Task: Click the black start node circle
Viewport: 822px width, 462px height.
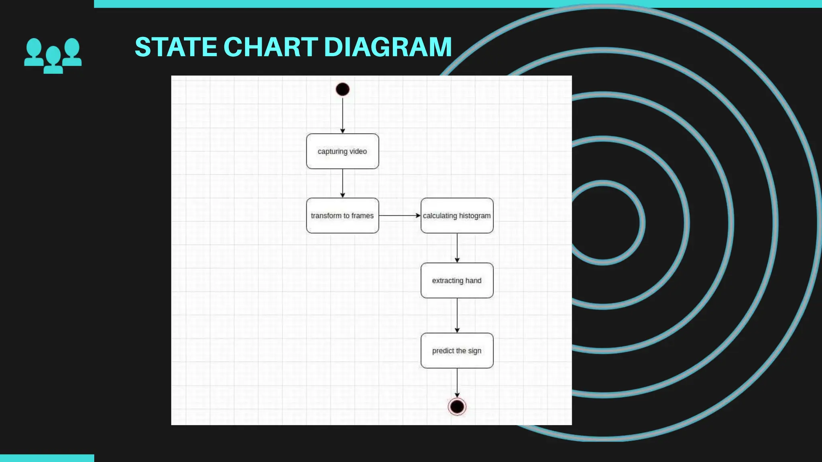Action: [x=342, y=89]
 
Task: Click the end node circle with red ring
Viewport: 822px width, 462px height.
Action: [x=457, y=407]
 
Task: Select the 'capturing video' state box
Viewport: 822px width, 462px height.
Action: [x=342, y=151]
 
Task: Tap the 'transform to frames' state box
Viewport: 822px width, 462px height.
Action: [x=342, y=215]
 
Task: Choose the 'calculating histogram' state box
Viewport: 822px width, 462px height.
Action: [x=457, y=215]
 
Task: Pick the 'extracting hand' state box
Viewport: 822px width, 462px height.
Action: [x=457, y=280]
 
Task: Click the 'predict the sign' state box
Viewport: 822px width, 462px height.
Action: [x=457, y=351]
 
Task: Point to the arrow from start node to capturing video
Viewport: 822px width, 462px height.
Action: [x=342, y=114]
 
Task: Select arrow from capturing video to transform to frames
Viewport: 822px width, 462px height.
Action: [x=342, y=183]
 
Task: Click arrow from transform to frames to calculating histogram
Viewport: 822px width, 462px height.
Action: [x=399, y=215]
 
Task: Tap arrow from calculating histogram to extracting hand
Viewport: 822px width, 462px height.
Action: [x=457, y=247]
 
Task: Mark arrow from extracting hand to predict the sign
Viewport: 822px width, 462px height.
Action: [x=457, y=315]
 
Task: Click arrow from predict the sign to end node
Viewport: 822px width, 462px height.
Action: [x=457, y=383]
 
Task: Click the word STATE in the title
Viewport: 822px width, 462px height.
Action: [x=176, y=47]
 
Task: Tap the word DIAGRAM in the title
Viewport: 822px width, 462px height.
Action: [x=388, y=47]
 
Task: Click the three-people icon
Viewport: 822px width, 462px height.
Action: [x=53, y=55]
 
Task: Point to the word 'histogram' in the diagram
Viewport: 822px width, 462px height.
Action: [x=474, y=215]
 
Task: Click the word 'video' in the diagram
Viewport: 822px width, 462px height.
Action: [x=358, y=151]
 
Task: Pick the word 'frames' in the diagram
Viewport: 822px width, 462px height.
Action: [x=362, y=215]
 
